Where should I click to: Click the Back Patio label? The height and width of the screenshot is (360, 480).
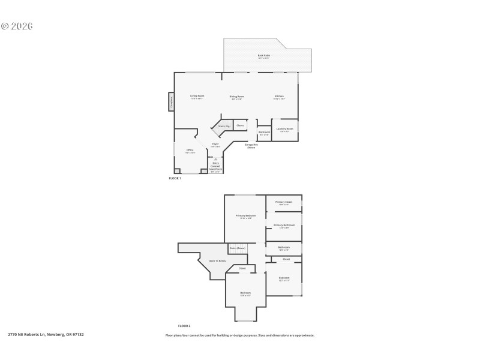click(x=263, y=56)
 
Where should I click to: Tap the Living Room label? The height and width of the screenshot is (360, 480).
click(x=197, y=97)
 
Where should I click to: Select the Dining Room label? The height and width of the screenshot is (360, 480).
click(x=236, y=97)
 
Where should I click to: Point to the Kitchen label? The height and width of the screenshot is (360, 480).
click(x=279, y=97)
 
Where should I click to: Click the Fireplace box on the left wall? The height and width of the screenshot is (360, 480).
click(x=170, y=102)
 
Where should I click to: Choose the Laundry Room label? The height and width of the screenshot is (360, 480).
click(x=285, y=129)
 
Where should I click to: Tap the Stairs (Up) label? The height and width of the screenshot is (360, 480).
click(x=224, y=127)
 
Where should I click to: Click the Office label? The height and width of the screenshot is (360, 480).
click(x=190, y=151)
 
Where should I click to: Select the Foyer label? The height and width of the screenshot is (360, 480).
click(x=215, y=145)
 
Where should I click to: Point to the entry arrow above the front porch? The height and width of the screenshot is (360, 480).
click(x=215, y=159)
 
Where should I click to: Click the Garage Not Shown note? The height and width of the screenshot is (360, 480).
click(x=251, y=146)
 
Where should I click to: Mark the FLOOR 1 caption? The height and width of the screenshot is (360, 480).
click(x=175, y=178)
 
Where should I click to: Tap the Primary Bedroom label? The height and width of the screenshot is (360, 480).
click(x=245, y=216)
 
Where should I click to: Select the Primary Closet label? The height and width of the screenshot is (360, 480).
click(x=284, y=203)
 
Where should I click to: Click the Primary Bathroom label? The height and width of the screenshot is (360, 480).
click(x=284, y=226)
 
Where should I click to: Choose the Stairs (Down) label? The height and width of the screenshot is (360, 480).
click(x=238, y=248)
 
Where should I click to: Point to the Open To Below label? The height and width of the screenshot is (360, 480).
click(x=217, y=261)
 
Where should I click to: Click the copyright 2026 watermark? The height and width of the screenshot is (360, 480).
click(x=17, y=26)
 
